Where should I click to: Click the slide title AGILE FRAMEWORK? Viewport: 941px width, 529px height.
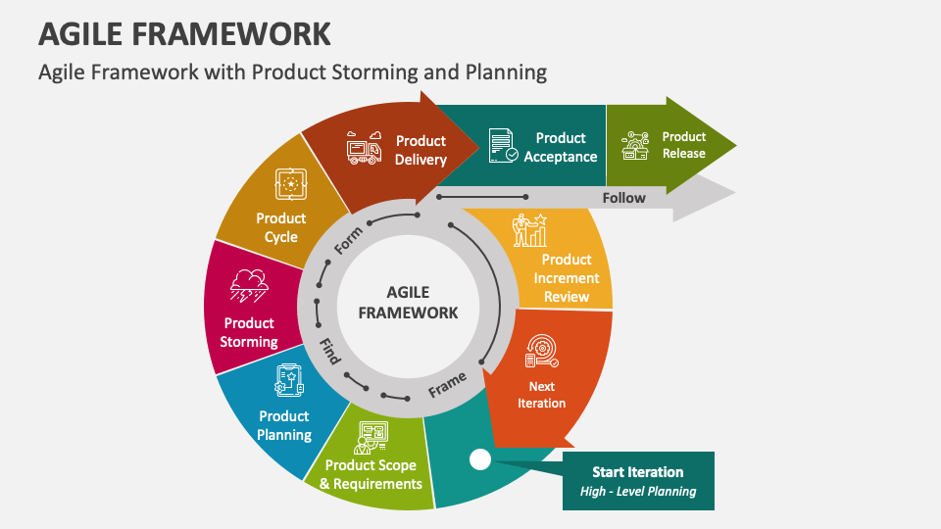point(184,33)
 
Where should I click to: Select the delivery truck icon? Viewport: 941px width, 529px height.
point(364,148)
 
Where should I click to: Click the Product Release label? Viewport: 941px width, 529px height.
point(683,145)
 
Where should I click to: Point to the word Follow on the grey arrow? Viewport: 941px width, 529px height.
point(623,198)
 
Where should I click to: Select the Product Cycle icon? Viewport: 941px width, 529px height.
point(291,183)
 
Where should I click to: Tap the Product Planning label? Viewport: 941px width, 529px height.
point(284,425)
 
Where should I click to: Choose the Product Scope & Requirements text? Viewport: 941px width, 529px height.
point(371,474)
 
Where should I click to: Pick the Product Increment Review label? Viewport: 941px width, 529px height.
point(567,278)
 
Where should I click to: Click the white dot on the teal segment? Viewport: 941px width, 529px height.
point(479,458)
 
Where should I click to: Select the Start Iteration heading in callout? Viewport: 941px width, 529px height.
point(637,472)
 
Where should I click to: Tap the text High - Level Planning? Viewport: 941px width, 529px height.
point(637,492)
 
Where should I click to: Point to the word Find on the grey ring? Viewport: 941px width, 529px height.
point(329,352)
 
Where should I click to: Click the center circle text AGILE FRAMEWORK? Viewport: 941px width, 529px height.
point(408,303)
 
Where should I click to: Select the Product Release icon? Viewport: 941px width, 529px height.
point(635,146)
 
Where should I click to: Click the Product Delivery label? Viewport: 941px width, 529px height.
point(421,150)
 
